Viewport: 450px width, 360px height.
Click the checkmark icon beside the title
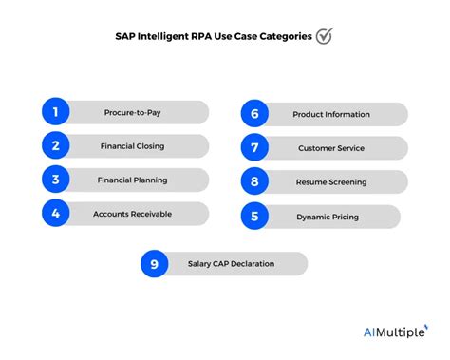click(x=325, y=37)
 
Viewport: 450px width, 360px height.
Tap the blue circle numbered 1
click(x=56, y=112)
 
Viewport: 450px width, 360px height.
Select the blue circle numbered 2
click(x=56, y=146)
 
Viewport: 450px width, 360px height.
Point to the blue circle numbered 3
click(x=56, y=180)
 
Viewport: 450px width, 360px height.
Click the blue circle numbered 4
click(x=56, y=214)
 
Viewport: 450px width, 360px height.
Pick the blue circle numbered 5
click(x=254, y=217)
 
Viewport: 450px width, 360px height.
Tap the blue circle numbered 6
click(x=254, y=113)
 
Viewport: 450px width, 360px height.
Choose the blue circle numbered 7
click(x=254, y=148)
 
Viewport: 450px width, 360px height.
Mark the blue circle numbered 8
click(x=254, y=180)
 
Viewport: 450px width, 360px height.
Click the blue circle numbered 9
click(x=154, y=263)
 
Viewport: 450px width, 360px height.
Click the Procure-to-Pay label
click(x=132, y=112)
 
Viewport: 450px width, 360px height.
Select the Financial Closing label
click(x=132, y=146)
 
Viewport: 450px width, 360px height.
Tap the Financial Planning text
click(x=132, y=180)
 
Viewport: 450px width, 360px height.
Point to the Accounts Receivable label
click(x=132, y=214)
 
